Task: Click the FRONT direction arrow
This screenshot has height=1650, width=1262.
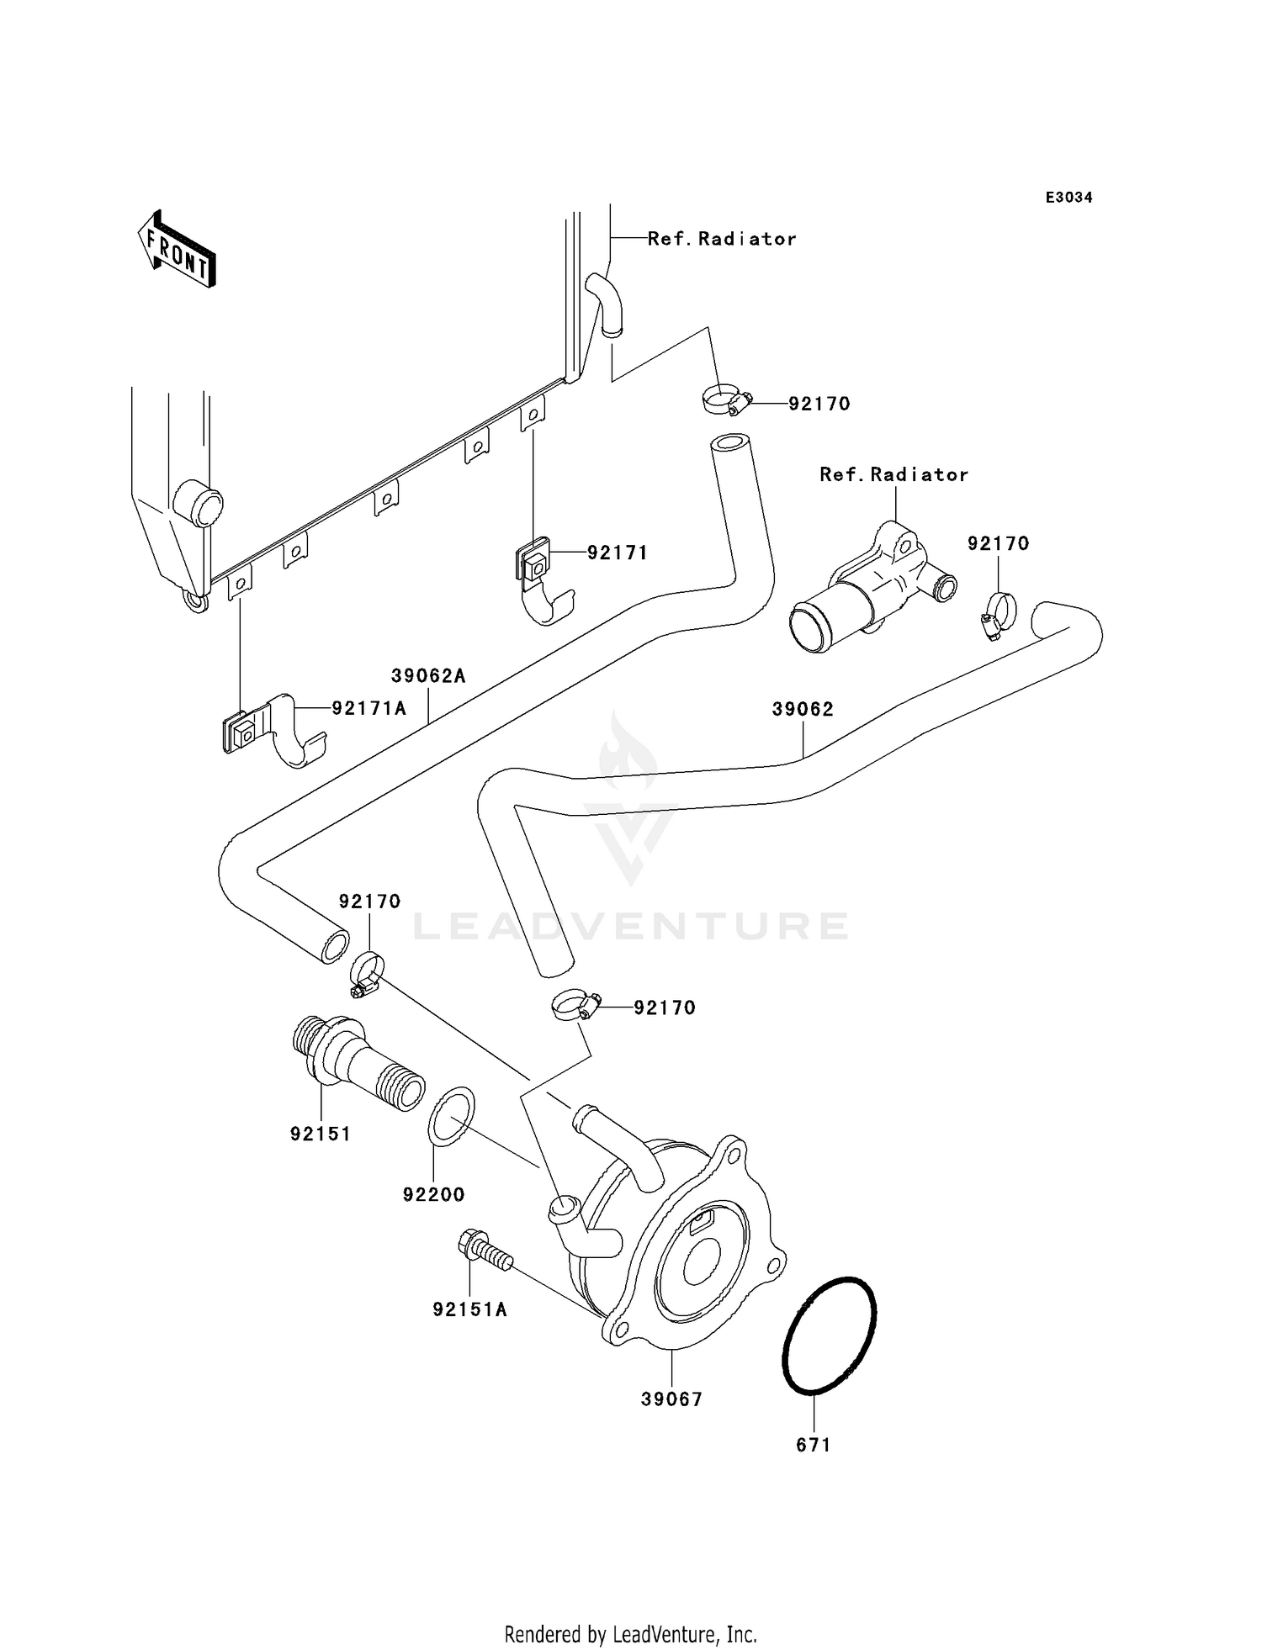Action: pos(178,251)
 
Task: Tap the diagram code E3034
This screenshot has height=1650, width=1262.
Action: pos(1068,198)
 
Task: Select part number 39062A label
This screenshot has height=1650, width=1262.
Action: pos(427,675)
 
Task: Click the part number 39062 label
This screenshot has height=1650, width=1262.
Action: pos(803,709)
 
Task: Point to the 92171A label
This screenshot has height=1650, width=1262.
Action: pos(369,708)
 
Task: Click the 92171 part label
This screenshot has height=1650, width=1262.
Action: pos(617,553)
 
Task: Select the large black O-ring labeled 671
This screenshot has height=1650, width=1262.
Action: pos(829,1337)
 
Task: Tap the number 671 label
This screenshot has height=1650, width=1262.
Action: pos(813,1445)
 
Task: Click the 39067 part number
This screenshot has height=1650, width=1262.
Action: pos(671,1399)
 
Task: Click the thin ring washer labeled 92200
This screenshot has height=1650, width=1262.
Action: pos(452,1116)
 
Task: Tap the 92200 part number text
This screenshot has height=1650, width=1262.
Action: pos(433,1194)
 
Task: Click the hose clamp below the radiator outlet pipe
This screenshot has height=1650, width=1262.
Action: pos(724,399)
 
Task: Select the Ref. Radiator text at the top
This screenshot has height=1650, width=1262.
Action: pos(721,239)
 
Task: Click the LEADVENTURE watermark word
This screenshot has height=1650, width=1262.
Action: pos(630,926)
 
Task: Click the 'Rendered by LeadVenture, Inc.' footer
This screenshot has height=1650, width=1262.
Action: pos(630,1634)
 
